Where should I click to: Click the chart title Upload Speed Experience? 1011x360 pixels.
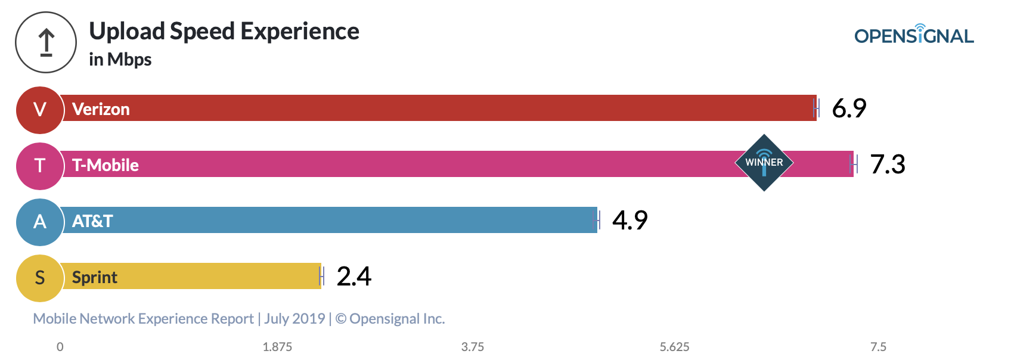click(224, 32)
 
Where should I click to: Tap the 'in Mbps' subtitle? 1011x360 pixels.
click(120, 60)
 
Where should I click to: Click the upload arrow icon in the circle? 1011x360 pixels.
click(46, 43)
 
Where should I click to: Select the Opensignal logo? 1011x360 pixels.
click(914, 35)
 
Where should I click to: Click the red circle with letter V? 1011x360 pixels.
click(39, 110)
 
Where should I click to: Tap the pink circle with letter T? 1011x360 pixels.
click(39, 166)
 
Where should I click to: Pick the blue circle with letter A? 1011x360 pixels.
click(39, 222)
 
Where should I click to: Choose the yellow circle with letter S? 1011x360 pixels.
click(39, 278)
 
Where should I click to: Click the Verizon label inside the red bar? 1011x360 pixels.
click(101, 109)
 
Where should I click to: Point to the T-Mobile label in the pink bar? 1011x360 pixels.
click(105, 165)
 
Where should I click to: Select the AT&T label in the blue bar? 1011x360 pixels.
click(92, 221)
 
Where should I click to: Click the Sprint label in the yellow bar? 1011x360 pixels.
click(94, 277)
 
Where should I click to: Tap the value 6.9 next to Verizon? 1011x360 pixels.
click(849, 108)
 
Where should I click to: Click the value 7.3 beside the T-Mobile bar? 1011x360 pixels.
click(888, 165)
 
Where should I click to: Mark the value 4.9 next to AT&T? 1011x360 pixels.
click(629, 221)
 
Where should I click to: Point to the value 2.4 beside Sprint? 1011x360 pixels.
click(353, 277)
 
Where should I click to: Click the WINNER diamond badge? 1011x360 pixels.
click(764, 163)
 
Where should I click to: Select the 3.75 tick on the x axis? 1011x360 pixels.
click(473, 347)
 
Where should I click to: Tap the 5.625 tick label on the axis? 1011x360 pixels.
click(674, 347)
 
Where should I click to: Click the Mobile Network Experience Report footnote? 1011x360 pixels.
click(238, 319)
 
